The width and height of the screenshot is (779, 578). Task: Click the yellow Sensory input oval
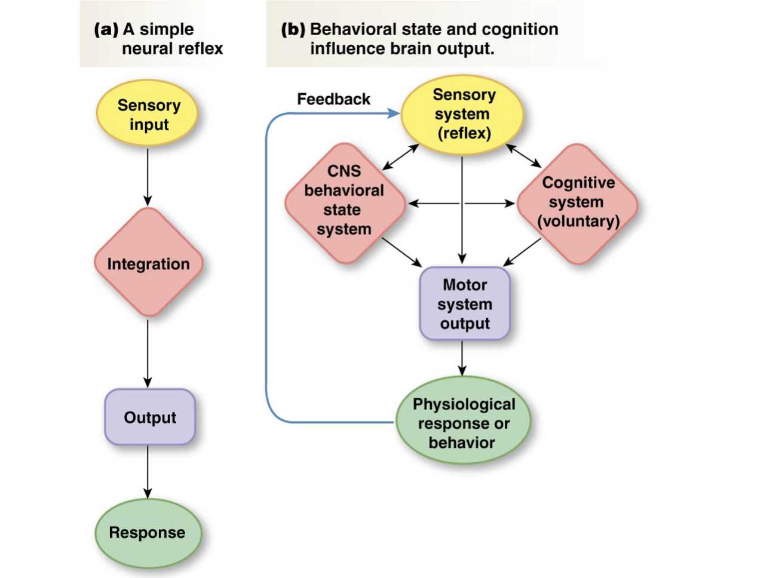148,113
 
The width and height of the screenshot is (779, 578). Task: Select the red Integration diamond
148,263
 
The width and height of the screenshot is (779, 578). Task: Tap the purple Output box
150,417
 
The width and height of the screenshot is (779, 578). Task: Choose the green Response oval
148,532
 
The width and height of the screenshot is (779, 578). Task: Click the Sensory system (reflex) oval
462,113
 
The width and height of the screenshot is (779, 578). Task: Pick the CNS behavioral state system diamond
344,202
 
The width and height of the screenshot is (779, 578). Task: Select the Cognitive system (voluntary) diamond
578,203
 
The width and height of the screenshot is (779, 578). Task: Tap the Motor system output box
464,303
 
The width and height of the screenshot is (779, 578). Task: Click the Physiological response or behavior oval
463,422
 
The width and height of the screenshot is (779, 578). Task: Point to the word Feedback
333,99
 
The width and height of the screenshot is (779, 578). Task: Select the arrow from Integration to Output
148,352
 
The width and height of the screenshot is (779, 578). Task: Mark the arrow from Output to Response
148,472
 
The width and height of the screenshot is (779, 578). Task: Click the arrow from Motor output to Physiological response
462,358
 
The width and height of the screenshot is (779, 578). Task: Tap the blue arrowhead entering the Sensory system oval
394,113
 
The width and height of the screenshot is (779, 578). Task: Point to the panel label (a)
106,29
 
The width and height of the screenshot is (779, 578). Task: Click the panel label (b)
293,29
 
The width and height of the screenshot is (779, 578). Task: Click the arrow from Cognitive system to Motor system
523,252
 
